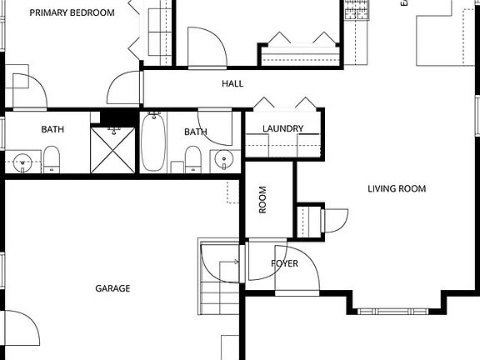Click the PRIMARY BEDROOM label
click(x=72, y=13)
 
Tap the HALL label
click(x=232, y=84)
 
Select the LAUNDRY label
click(x=282, y=128)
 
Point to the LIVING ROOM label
click(x=397, y=189)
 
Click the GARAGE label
click(x=112, y=288)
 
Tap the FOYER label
click(x=284, y=264)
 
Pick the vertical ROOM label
click(x=262, y=200)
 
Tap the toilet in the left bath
click(x=52, y=157)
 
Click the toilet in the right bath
click(x=192, y=157)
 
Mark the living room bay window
click(x=397, y=310)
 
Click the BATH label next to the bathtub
click(x=195, y=132)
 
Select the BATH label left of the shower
click(x=53, y=129)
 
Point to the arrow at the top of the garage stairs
click(x=235, y=262)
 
